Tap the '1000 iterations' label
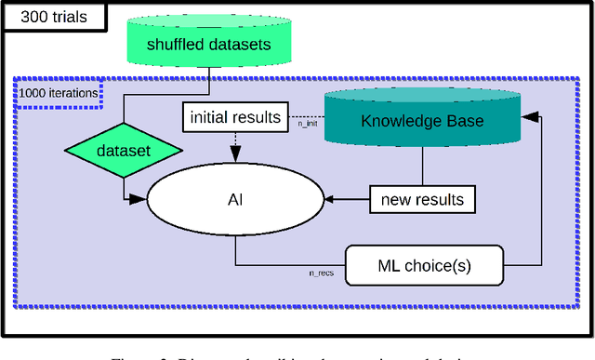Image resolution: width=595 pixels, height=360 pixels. [x=58, y=93]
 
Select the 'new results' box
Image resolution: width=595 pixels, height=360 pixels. [x=423, y=198]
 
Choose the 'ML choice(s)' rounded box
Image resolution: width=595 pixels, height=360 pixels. [x=423, y=264]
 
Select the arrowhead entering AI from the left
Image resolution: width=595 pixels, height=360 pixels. [x=139, y=198]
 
